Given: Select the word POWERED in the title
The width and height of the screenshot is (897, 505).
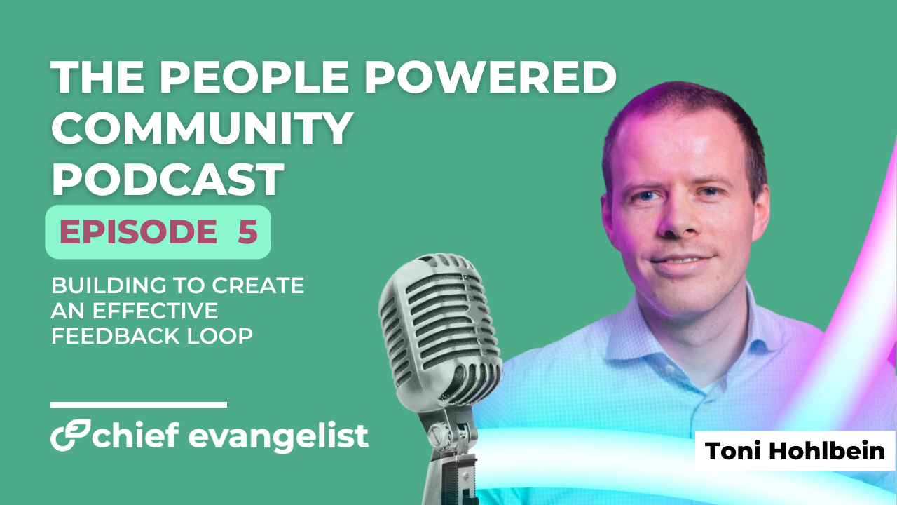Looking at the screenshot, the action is [490, 77].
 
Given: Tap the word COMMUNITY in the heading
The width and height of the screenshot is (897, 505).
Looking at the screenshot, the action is [203, 128].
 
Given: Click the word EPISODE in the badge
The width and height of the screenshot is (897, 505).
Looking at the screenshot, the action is [139, 231].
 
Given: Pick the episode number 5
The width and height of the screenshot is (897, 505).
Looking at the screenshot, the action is [247, 231].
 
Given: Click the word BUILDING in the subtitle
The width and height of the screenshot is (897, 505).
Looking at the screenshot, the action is [109, 285].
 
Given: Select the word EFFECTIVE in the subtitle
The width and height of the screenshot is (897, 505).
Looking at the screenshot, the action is [156, 311].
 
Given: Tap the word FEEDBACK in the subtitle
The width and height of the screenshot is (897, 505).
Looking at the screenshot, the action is [116, 336].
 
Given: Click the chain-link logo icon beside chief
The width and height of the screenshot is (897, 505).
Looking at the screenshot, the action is [71, 435].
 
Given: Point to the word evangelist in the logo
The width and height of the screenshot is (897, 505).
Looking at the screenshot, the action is [278, 438].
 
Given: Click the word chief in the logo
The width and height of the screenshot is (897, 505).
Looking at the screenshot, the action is [136, 435].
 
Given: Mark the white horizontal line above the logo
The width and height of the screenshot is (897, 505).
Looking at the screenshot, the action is [139, 405].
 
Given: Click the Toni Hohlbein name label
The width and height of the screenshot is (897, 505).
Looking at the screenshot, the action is [795, 451].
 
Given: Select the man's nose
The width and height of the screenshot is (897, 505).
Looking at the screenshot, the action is [678, 218].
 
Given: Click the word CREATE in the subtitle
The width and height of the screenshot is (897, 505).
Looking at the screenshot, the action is [258, 285].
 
